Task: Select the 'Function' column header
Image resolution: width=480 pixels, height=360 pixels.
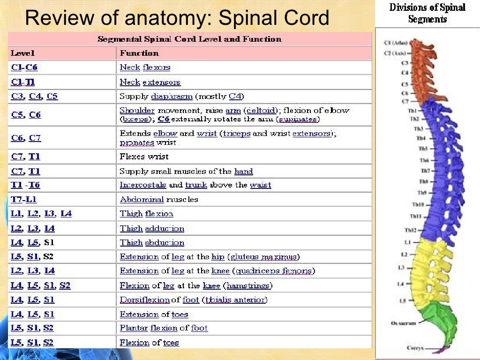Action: click(x=139, y=53)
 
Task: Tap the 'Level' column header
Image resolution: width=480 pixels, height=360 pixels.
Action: click(x=23, y=53)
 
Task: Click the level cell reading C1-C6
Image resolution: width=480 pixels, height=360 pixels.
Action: click(x=24, y=67)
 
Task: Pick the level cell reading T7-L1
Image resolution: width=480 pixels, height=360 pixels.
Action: click(x=24, y=199)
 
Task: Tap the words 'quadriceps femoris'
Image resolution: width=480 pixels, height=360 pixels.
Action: click(x=275, y=271)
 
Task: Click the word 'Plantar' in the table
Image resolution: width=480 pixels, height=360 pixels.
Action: click(x=134, y=328)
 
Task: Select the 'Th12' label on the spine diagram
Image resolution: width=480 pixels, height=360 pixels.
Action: click(x=410, y=230)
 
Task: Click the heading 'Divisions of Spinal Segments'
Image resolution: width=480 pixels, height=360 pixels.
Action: click(x=427, y=13)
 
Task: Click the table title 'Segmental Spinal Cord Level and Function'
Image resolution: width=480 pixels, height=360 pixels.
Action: click(x=189, y=39)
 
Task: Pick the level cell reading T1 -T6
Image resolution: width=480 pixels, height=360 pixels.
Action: click(x=25, y=185)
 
